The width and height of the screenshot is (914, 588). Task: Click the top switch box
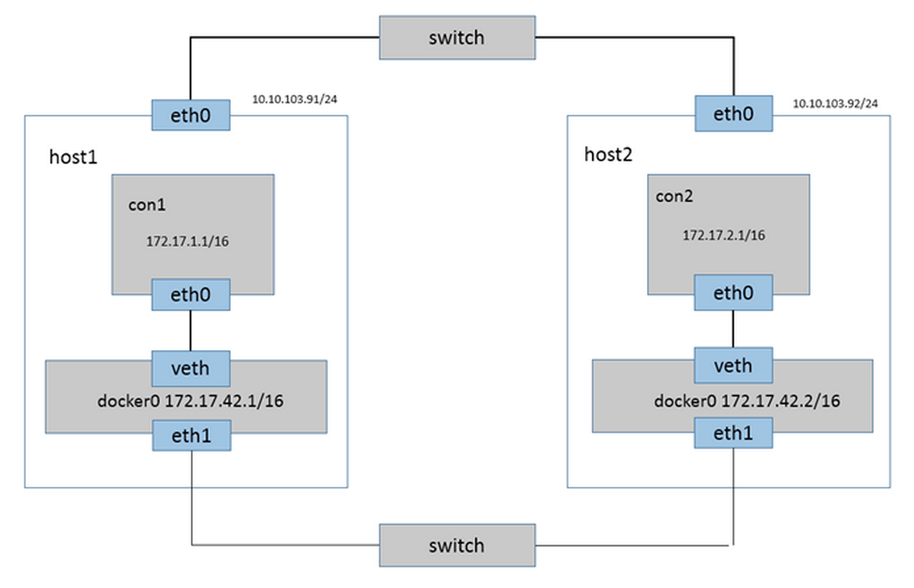(x=457, y=37)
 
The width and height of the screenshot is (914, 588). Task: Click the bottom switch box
(x=457, y=545)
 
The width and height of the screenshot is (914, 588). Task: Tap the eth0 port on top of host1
(x=191, y=115)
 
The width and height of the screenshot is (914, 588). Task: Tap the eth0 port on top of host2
(x=734, y=113)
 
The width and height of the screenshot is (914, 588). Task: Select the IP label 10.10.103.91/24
(x=295, y=99)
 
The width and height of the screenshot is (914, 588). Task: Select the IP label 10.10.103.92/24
(x=835, y=103)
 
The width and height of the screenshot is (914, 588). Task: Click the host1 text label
(x=74, y=157)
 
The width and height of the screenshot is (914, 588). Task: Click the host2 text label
(x=608, y=154)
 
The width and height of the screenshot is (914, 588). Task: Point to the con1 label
(x=147, y=205)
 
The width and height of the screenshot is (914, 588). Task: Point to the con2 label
(x=674, y=196)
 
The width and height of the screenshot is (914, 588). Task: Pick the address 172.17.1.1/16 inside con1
(x=188, y=241)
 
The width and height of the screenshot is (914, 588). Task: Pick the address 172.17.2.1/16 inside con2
(x=724, y=235)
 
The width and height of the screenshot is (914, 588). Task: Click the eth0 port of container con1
(x=191, y=295)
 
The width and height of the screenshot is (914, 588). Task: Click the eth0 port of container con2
(x=734, y=293)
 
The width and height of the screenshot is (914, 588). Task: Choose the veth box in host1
(x=191, y=368)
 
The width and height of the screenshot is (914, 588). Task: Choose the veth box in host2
(x=734, y=365)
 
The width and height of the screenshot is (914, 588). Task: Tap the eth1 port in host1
(x=192, y=435)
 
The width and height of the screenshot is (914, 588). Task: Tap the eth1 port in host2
(x=734, y=433)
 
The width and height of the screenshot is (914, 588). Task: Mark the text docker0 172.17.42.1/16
(x=190, y=401)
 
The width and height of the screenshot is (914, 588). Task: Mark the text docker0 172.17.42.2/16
(x=747, y=401)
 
